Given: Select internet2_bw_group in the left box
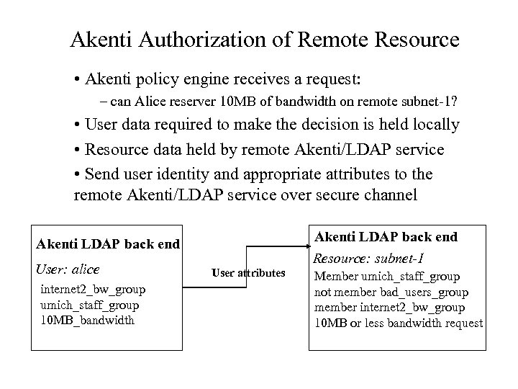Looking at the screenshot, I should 93,289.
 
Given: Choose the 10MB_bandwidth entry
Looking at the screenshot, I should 87,320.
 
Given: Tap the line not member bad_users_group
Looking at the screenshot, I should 391,292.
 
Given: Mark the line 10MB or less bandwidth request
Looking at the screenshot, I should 399,323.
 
